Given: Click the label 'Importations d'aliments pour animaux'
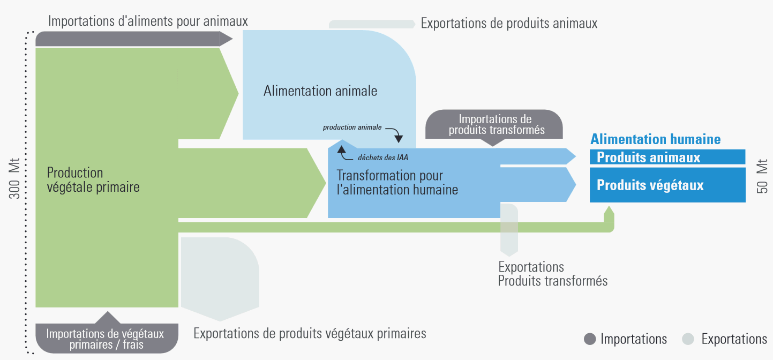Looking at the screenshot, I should click(148, 21).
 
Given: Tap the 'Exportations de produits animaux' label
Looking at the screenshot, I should click(508, 23).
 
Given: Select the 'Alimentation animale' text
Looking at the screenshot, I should click(320, 91).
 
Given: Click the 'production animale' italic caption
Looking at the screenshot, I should click(352, 127).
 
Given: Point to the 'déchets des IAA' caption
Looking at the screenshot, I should click(382, 157).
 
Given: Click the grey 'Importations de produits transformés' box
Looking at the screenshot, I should click(494, 125).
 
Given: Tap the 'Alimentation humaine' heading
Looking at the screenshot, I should click(655, 139).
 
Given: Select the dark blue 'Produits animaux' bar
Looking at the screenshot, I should click(667, 157).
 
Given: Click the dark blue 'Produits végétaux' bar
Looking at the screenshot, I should click(667, 185).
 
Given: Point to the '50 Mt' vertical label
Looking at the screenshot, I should click(763, 177).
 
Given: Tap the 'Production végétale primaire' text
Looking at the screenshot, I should click(93, 179).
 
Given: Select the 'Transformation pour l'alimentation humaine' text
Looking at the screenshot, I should click(397, 183).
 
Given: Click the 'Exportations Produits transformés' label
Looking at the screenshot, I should click(552, 274).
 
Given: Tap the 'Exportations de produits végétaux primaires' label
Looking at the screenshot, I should click(310, 333).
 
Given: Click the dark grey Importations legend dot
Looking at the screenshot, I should click(590, 339).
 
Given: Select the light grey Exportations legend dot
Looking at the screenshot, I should click(688, 339).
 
